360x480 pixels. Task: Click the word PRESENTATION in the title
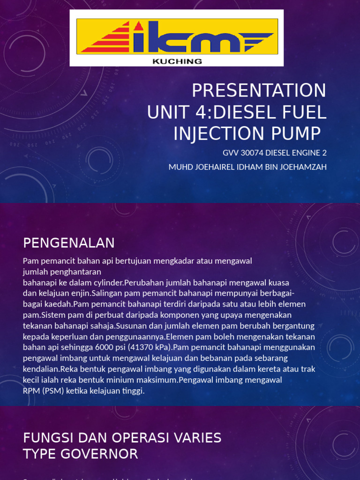coord(259,90)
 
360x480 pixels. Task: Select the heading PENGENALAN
coord(69,243)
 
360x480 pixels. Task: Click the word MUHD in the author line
coord(181,167)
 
